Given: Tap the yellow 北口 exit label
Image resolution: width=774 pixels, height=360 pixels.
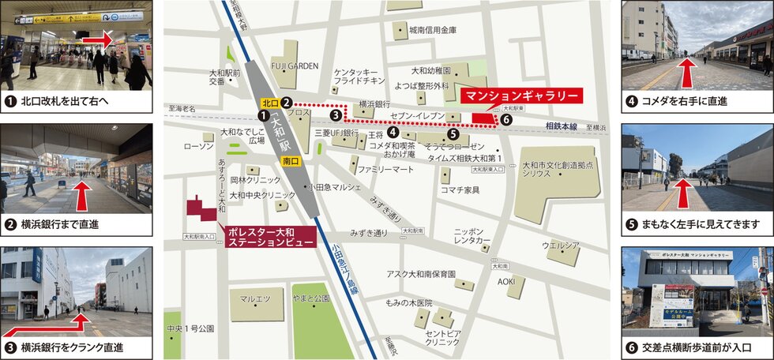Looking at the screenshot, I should point(270,103).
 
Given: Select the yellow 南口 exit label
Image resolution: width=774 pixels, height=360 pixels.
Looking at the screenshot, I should point(289,160).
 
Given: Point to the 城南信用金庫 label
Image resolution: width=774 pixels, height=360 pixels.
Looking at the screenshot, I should point(433,30).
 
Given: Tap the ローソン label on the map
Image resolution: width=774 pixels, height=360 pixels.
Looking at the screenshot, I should point(193,147).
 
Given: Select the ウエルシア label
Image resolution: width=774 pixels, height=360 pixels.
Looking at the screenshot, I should point(561,246).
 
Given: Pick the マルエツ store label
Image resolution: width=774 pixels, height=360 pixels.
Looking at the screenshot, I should point(255,299).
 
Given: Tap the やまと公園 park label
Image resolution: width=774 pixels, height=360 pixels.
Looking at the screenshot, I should point(310,299).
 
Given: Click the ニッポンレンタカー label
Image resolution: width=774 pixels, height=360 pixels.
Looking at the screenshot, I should point(473,235).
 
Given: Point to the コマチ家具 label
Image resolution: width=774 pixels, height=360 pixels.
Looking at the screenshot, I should point(460,189).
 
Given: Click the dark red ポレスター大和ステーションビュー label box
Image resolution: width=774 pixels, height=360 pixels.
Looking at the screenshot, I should point(270,238).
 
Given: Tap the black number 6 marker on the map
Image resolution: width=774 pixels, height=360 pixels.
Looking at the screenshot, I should point(506,120).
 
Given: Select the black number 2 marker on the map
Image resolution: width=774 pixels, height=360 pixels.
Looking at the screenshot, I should point(287,103).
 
